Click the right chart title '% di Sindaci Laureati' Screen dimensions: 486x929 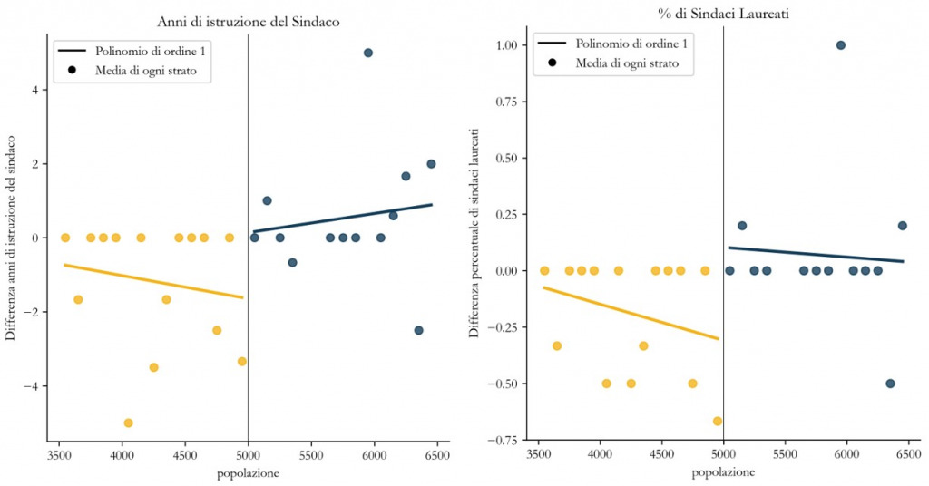(x=722, y=15)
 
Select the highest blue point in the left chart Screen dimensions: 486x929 (x=367, y=53)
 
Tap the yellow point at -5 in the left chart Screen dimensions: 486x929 (x=128, y=423)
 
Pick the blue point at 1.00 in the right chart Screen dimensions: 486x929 (x=841, y=45)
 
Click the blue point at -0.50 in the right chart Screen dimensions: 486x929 (x=890, y=384)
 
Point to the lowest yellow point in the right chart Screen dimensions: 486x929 (x=718, y=421)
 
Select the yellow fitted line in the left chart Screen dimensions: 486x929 (x=153, y=281)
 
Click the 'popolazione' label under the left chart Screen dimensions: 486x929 (x=248, y=473)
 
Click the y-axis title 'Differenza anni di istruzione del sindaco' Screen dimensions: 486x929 (x=11, y=238)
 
